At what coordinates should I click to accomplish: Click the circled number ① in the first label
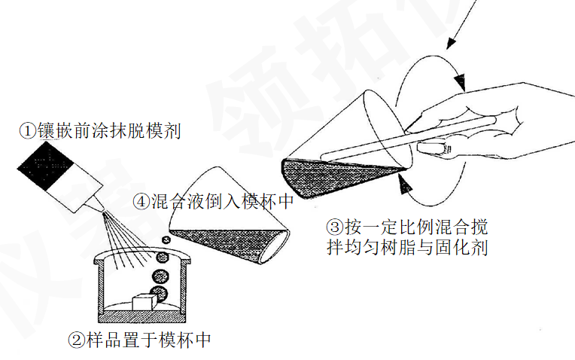pyautogui.click(x=28, y=131)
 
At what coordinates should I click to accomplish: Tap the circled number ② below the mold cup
pyautogui.click(x=77, y=340)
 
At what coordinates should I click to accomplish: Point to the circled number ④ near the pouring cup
pyautogui.click(x=141, y=201)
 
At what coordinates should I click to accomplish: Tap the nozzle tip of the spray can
pyautogui.click(x=103, y=210)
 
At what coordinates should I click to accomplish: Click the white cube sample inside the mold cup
pyautogui.click(x=144, y=302)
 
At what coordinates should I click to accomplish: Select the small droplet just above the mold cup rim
pyautogui.click(x=166, y=239)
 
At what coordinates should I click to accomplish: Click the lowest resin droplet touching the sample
pyautogui.click(x=160, y=294)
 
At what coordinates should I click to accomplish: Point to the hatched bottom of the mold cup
pyautogui.click(x=142, y=317)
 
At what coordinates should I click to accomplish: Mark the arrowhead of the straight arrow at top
pyautogui.click(x=451, y=43)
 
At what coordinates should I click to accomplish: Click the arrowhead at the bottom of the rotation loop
pyautogui.click(x=404, y=184)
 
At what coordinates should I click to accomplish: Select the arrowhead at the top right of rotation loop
pyautogui.click(x=459, y=82)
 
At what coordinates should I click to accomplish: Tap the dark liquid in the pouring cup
pyautogui.click(x=227, y=243)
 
